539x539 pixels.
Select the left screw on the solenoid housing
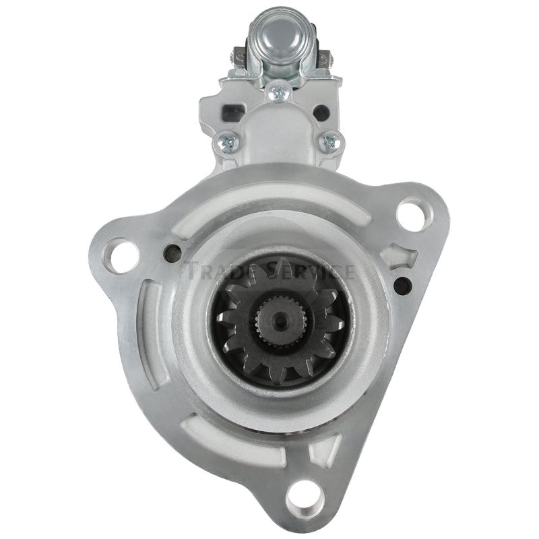(228, 141)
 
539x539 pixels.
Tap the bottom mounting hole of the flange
(306, 496)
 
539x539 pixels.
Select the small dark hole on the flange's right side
(402, 285)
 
